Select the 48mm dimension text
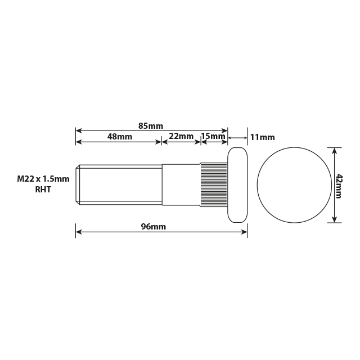click(x=120, y=137)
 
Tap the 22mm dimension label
click(x=181, y=137)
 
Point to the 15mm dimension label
click(x=213, y=137)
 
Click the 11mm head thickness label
click(x=262, y=137)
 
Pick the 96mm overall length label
click(x=153, y=227)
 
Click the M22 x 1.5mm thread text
click(x=43, y=179)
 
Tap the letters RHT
click(x=43, y=190)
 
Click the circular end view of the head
click(x=293, y=185)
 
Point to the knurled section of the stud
click(x=214, y=184)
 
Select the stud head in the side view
click(x=237, y=185)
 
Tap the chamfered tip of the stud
click(x=78, y=184)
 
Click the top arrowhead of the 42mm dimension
click(x=335, y=150)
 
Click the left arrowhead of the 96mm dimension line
click(x=78, y=231)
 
